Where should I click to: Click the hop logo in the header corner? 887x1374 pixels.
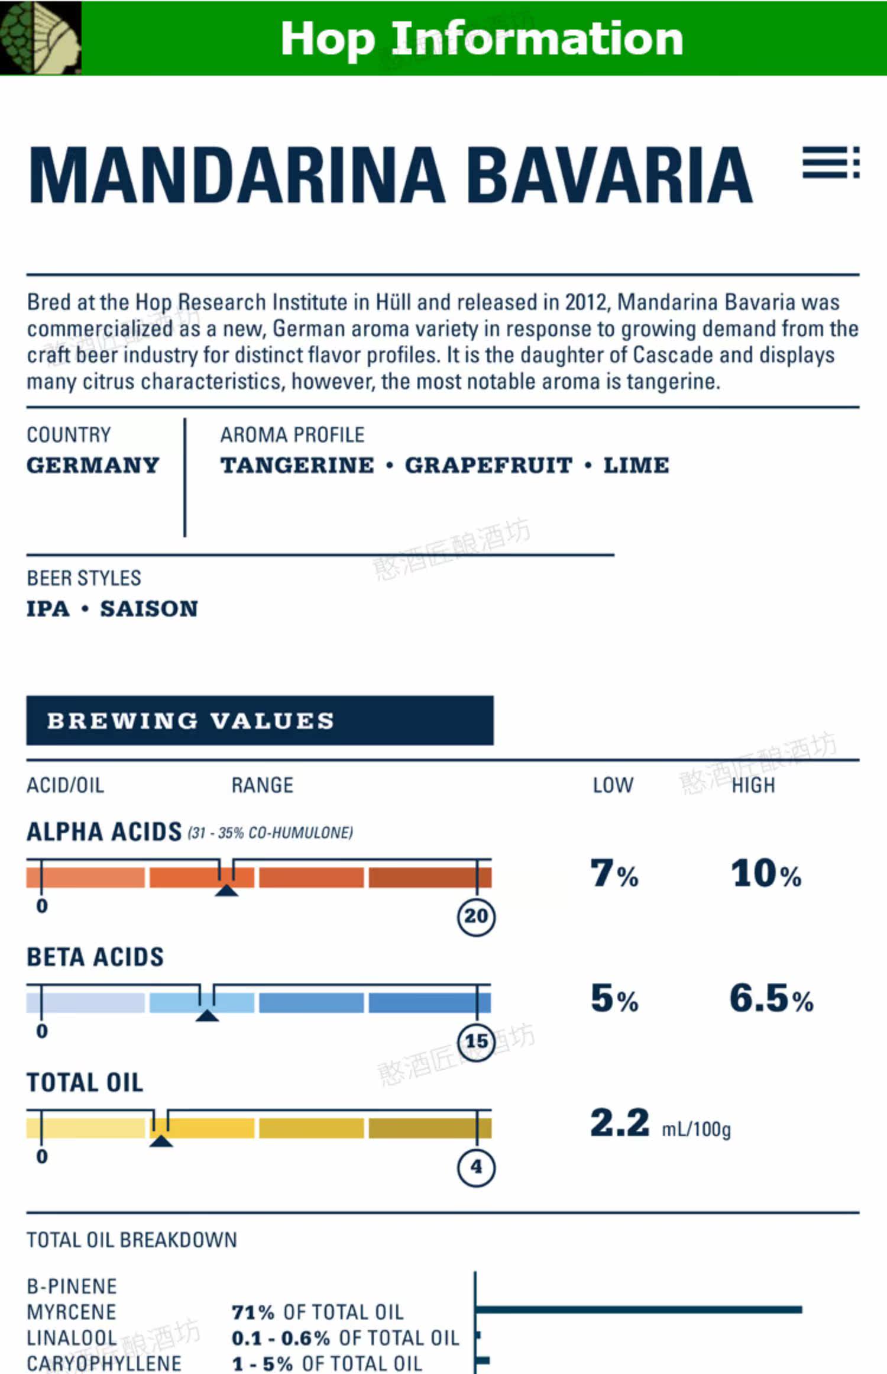[x=40, y=38]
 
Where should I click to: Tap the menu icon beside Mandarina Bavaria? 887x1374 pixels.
[x=831, y=163]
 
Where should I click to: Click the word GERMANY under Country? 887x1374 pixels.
[x=93, y=465]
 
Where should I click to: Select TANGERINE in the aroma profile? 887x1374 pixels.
[x=297, y=465]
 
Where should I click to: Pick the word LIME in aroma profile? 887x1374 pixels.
[x=636, y=465]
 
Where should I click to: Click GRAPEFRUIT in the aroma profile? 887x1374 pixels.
[x=488, y=465]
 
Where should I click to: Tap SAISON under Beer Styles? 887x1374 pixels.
[x=149, y=608]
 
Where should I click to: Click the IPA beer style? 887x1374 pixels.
[x=48, y=608]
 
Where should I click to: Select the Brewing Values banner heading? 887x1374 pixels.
[x=191, y=721]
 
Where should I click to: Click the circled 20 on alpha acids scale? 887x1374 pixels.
[x=476, y=917]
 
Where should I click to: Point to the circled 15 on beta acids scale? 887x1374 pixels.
[x=476, y=1042]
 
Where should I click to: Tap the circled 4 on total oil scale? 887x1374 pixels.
[x=476, y=1167]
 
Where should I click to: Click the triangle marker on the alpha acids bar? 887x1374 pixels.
[x=226, y=890]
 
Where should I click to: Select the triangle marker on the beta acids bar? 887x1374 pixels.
[x=207, y=1015]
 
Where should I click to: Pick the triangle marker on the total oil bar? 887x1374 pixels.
[x=161, y=1140]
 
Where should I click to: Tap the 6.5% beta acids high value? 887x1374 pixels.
[x=772, y=998]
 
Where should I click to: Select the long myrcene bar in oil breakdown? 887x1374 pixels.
[x=639, y=1310]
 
